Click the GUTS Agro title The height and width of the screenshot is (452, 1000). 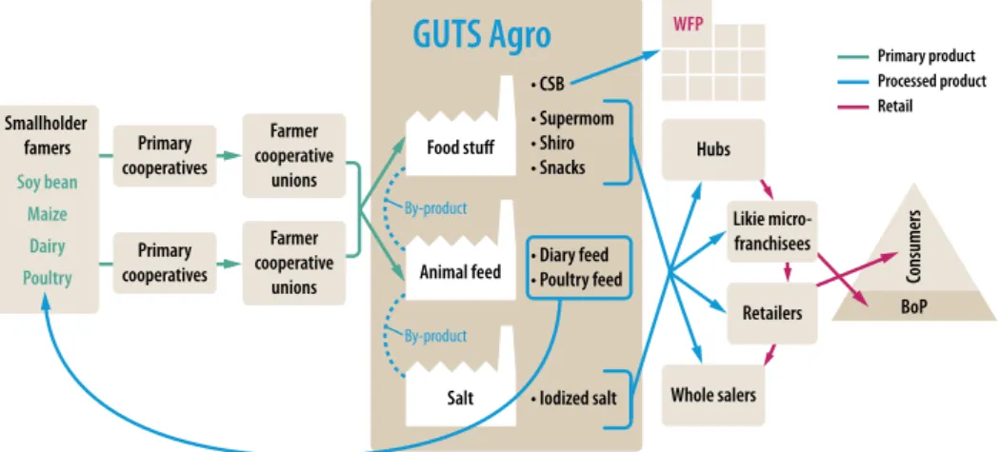click(x=482, y=34)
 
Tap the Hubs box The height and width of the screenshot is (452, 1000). click(x=713, y=149)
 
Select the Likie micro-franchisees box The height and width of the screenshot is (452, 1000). click(x=771, y=232)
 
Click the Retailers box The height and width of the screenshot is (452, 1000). click(x=771, y=312)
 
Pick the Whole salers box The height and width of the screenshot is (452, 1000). click(x=713, y=395)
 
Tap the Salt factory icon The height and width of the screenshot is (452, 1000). click(x=460, y=376)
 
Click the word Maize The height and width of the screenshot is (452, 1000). click(x=48, y=213)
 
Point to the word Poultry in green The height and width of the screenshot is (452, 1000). click(x=48, y=278)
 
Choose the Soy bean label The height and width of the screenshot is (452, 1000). click(x=48, y=183)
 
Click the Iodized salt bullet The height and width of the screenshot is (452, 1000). click(x=574, y=399)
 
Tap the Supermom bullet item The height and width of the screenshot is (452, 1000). click(x=572, y=118)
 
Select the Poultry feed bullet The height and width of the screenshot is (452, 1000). click(x=576, y=280)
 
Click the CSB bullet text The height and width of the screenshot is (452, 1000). click(x=548, y=84)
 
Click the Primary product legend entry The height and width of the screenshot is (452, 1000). click(x=907, y=56)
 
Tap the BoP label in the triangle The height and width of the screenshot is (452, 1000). click(x=913, y=306)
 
